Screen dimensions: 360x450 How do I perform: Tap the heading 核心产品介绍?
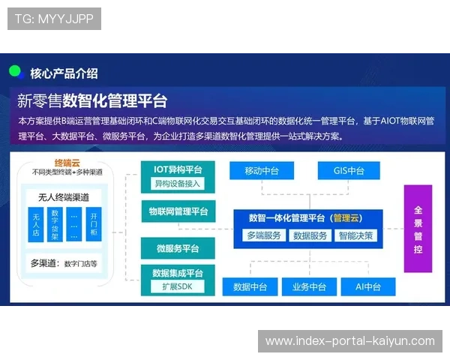click(64, 73)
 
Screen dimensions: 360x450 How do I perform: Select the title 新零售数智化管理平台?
click(91, 100)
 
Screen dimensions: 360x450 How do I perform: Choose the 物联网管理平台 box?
click(178, 211)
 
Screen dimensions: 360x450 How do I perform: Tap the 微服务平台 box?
click(178, 248)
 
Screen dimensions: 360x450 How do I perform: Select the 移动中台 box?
click(261, 170)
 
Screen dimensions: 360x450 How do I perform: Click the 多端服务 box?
click(264, 235)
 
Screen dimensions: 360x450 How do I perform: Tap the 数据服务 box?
click(310, 235)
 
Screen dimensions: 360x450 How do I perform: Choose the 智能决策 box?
click(355, 235)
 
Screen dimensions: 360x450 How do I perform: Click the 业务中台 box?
click(309, 286)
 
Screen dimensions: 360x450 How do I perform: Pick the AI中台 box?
click(367, 286)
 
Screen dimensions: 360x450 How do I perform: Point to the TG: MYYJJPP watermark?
click(53, 18)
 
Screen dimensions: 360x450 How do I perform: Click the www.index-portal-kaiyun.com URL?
click(350, 341)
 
